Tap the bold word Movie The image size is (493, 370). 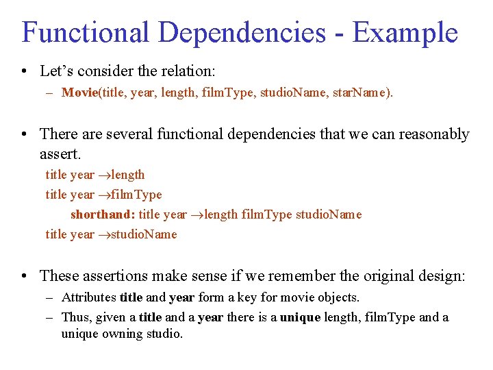80,92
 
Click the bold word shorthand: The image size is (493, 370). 103,214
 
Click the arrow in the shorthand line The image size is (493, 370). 197,214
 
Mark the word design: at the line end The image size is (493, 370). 441,276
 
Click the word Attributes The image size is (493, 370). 89,297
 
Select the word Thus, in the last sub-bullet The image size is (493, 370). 76,317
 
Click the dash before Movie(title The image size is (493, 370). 50,92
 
